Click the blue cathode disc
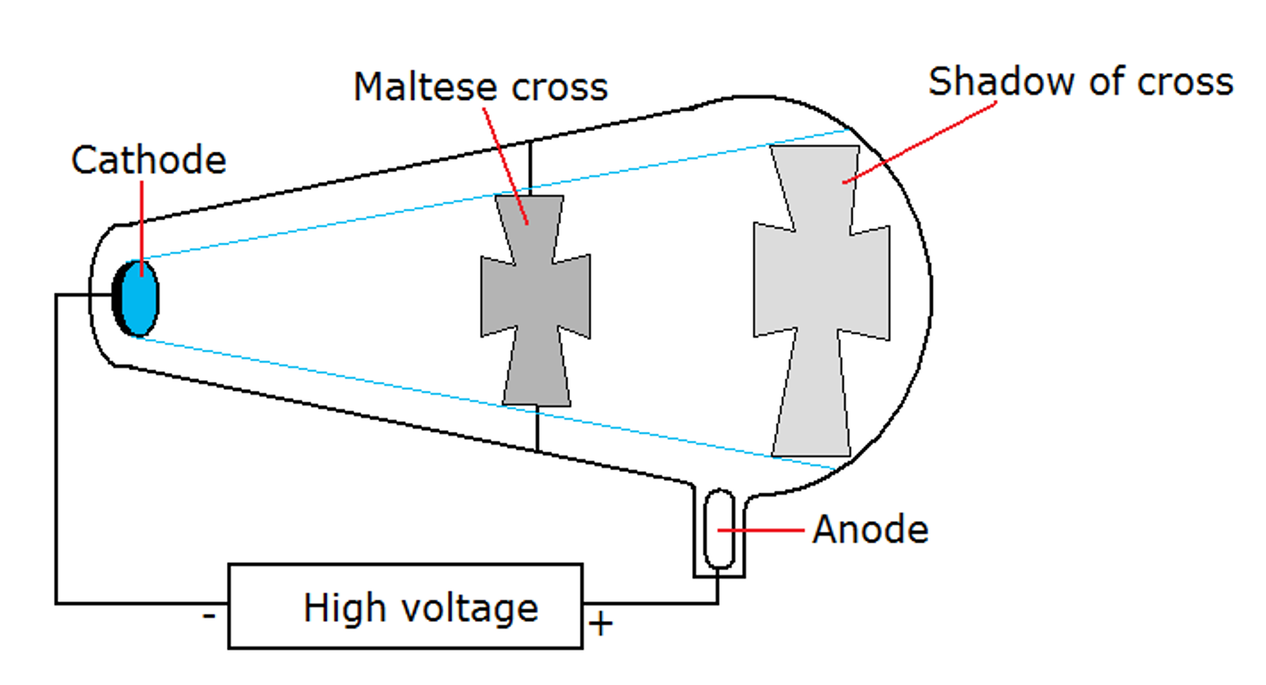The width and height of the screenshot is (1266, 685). pos(140,299)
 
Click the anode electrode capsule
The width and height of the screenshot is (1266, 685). pos(719,529)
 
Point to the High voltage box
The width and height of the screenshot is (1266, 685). pos(405,606)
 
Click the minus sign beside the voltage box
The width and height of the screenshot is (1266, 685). pos(209,615)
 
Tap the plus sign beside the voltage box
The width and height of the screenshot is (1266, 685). pos(601,624)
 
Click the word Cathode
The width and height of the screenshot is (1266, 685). pos(148,160)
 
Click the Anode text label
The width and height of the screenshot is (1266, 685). pos(870,530)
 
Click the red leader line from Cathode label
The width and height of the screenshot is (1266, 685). pos(142,221)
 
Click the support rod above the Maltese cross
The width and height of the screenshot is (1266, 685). pos(530,168)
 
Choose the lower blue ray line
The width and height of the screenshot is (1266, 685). pos(328,374)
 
